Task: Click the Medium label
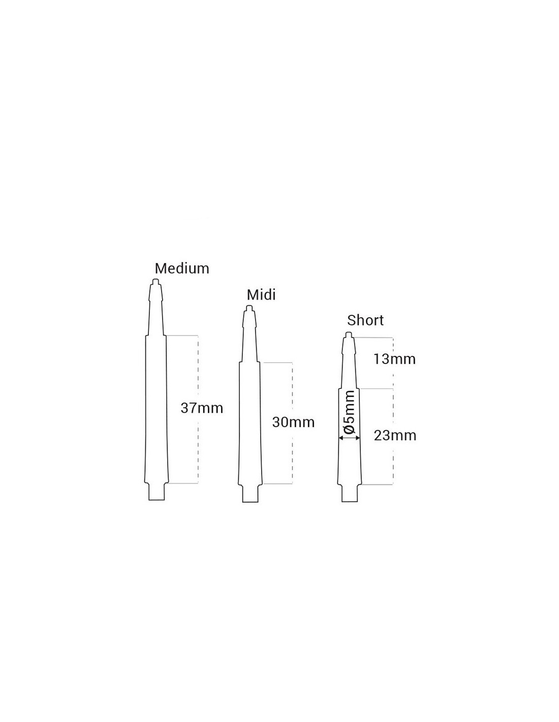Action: [x=182, y=269]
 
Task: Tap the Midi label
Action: [x=261, y=295]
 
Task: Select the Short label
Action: [x=365, y=320]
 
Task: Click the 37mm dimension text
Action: [x=202, y=408]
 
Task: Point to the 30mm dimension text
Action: [x=293, y=422]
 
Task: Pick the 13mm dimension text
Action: [x=394, y=359]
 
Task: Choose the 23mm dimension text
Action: [x=395, y=436]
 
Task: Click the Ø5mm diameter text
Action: [x=350, y=412]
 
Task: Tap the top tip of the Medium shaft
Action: [x=156, y=280]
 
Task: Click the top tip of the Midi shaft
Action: [x=249, y=306]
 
